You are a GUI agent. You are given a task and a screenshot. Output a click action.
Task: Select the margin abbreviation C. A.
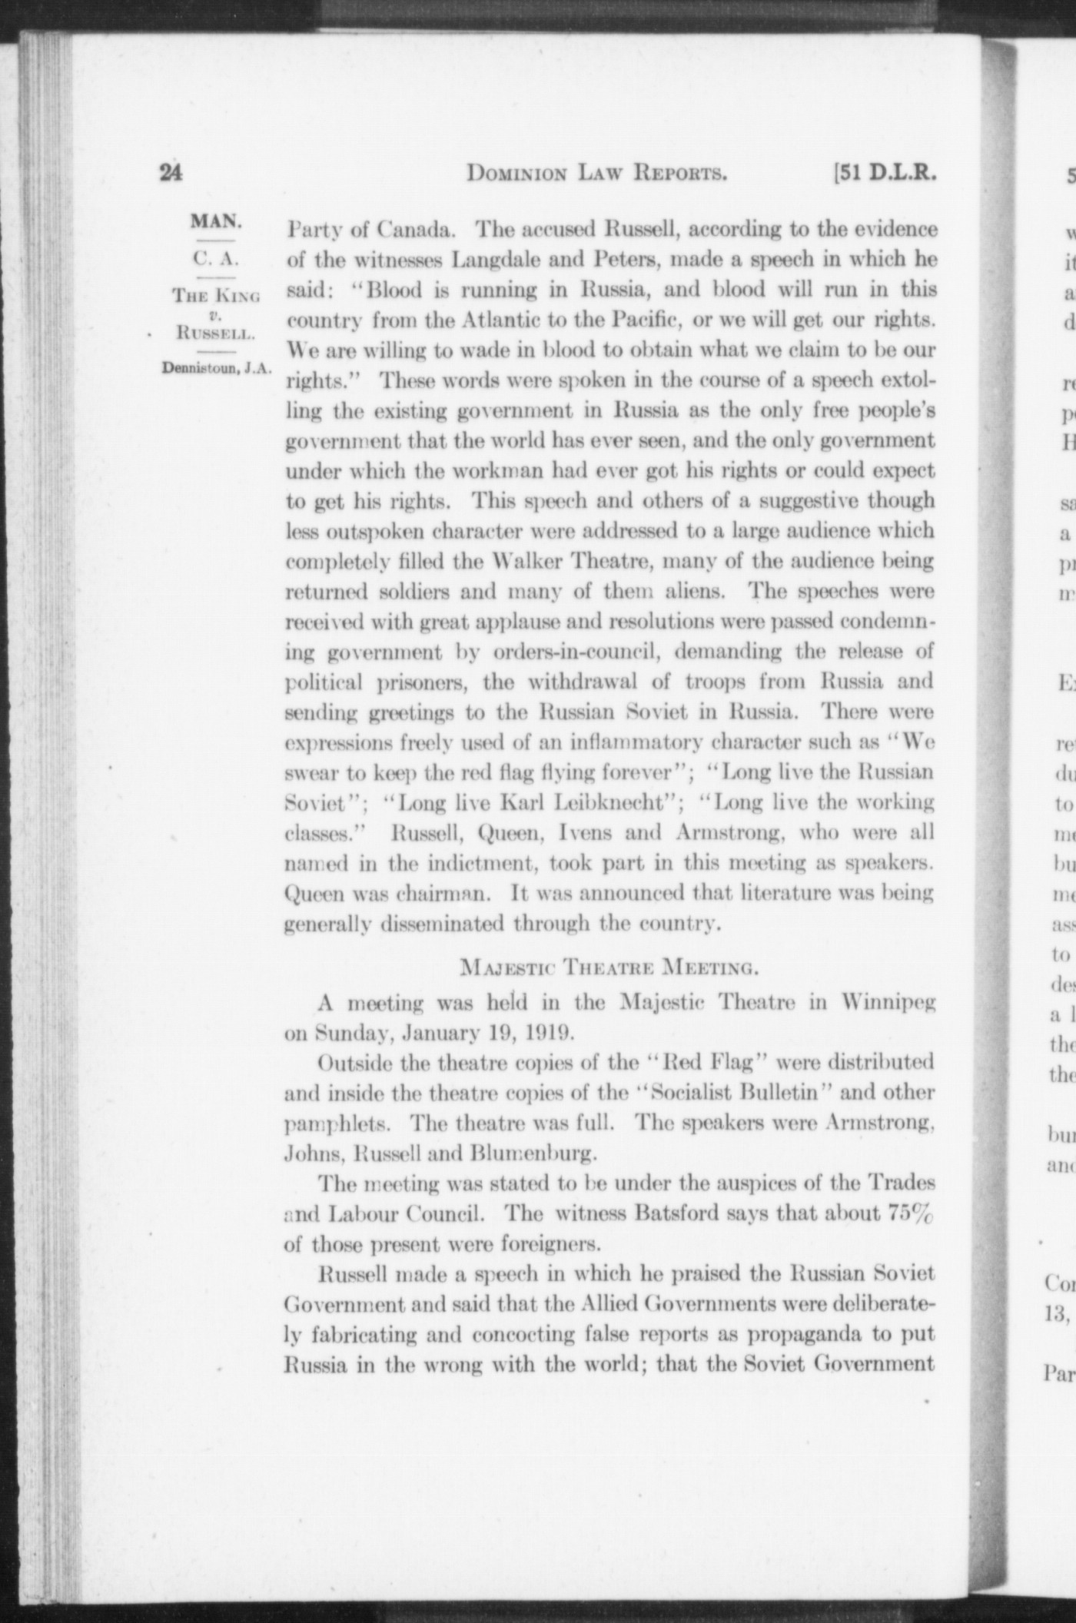pos(216,257)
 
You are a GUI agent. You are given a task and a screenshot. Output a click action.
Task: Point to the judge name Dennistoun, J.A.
pos(217,367)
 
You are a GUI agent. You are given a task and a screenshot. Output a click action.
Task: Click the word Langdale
pos(495,260)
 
